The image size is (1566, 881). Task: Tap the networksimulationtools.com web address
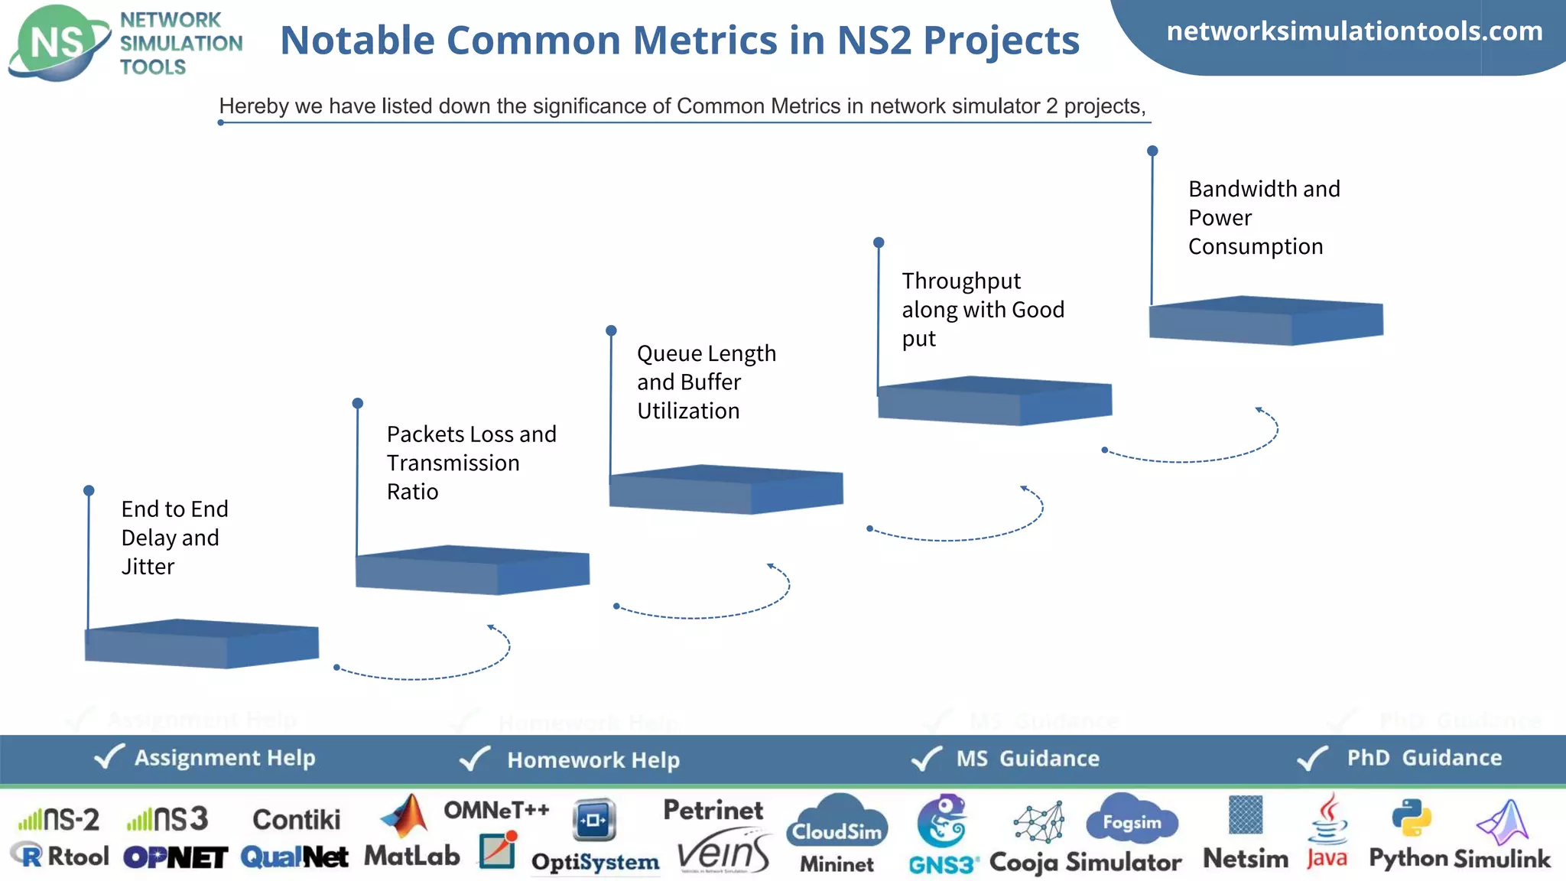1354,31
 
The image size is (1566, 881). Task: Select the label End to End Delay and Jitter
174,538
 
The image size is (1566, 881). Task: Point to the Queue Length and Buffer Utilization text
706,382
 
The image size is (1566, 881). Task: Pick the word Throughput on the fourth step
960,281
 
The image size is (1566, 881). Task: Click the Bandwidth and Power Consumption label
1263,217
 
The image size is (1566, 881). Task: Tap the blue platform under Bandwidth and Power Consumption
1265,321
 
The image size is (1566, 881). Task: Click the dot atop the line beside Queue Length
611,330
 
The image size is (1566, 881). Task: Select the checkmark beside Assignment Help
109,757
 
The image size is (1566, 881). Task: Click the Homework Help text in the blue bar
593,759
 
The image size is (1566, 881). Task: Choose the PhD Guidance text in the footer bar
1424,758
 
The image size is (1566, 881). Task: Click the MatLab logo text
411,856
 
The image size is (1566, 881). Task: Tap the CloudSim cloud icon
837,823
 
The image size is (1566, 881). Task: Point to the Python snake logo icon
1411,818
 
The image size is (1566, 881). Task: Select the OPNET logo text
175,857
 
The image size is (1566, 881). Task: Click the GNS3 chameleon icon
943,824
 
